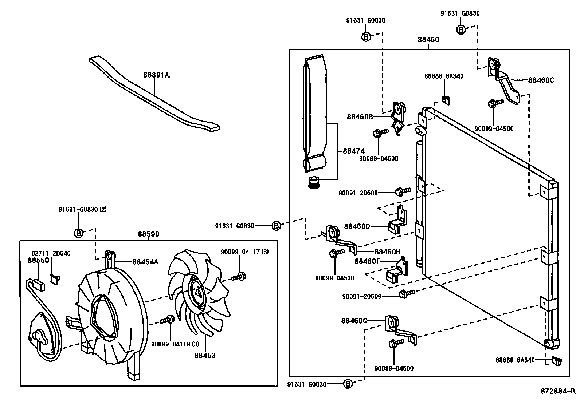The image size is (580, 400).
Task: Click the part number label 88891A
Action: coord(156,75)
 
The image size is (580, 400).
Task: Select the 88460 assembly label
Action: coord(428,40)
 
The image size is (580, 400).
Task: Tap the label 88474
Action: coord(353,151)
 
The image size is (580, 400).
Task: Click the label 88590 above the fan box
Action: coord(148,235)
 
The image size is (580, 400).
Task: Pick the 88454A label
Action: coord(145,262)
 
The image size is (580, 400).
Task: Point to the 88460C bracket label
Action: coord(541,80)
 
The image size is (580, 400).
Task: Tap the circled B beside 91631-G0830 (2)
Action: coord(79,233)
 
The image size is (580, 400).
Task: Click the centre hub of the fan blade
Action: coord(197,292)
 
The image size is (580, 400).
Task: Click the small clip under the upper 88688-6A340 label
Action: coord(445,99)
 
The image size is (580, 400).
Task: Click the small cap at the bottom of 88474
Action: coord(314,182)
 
